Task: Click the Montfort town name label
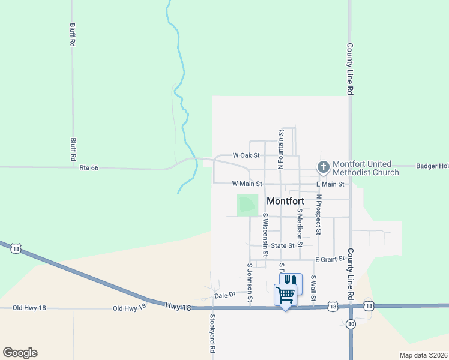[x=285, y=202]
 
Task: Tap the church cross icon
[x=323, y=167]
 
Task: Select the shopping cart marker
[x=285, y=295]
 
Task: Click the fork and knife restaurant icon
[x=291, y=281]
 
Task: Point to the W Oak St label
[x=246, y=155]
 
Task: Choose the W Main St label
[x=247, y=184]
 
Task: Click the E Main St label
[x=330, y=184]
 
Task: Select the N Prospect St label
[x=319, y=214]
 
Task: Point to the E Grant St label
[x=330, y=259]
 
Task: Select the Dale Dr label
[x=223, y=296]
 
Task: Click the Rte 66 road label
[x=88, y=168]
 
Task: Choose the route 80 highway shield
[x=351, y=324]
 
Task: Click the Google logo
[x=20, y=353]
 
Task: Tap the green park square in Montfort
[x=247, y=205]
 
